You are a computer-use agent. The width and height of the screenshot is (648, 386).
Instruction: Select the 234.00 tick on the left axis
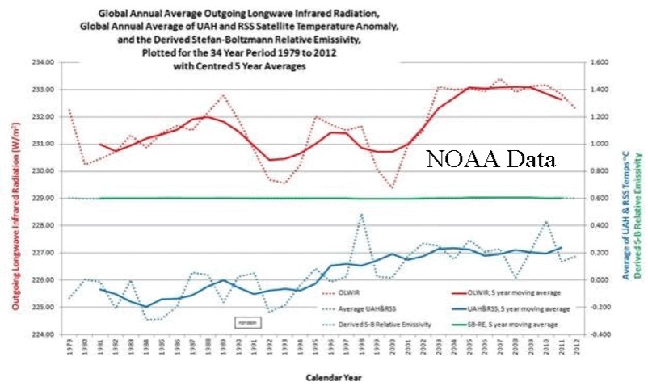pos(42,62)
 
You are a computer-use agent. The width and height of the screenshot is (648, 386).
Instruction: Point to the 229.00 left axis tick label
pos(42,198)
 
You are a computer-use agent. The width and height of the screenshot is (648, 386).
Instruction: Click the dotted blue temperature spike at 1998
pos(361,214)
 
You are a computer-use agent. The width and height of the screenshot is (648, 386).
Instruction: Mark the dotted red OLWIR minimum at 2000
pos(392,188)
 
